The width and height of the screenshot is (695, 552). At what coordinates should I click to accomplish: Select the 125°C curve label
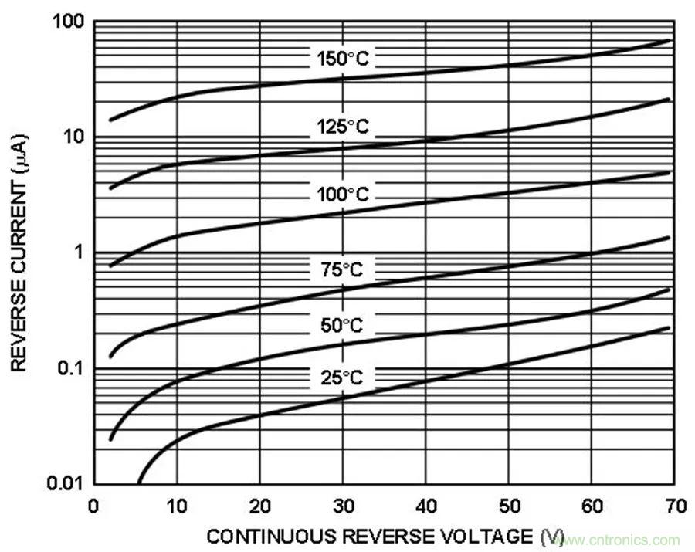pyautogui.click(x=344, y=127)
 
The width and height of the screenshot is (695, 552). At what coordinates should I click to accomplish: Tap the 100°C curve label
pyautogui.click(x=343, y=195)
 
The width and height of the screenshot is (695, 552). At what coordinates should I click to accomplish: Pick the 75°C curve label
pyautogui.click(x=341, y=269)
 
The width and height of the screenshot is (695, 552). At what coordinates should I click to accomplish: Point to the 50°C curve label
pyautogui.click(x=341, y=325)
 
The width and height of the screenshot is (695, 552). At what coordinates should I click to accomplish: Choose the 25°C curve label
pyautogui.click(x=341, y=378)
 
